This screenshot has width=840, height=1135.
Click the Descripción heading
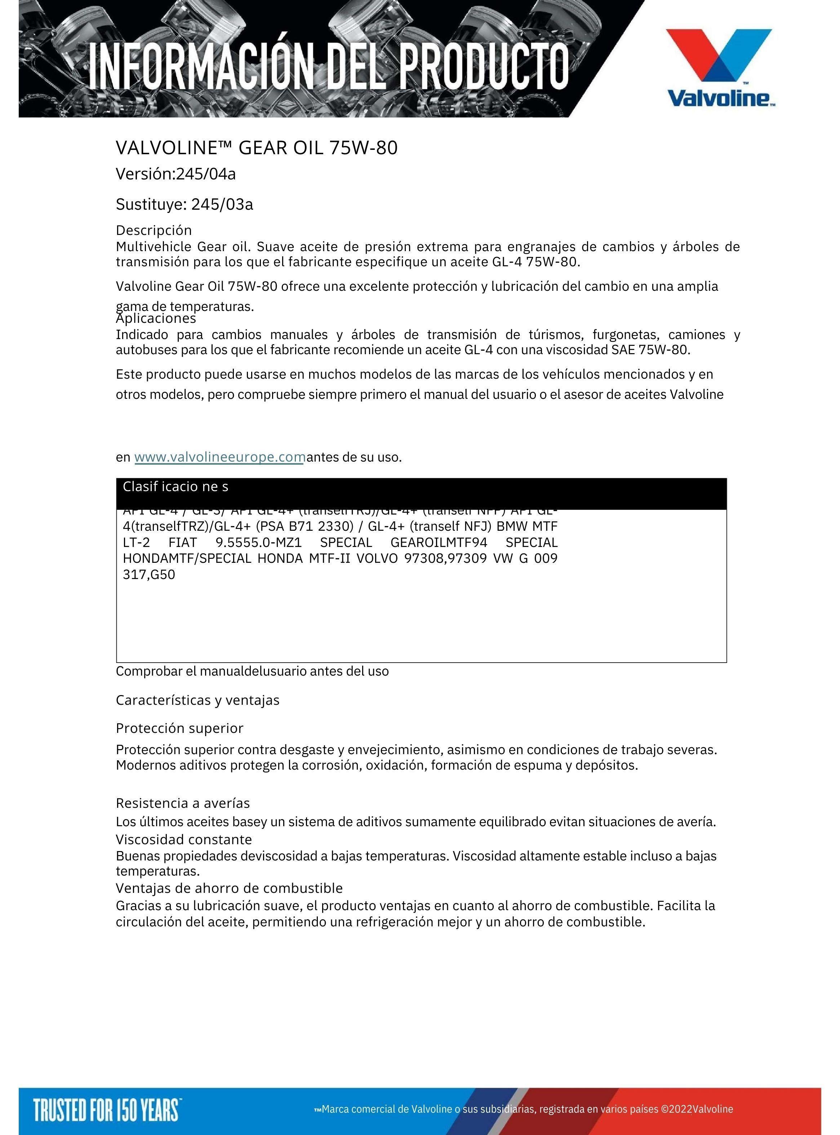pos(154,230)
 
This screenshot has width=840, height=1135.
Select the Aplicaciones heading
pos(156,319)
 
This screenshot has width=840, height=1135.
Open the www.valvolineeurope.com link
pos(219,457)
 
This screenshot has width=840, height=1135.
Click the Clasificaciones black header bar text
pos(175,487)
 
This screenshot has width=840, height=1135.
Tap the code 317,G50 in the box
pos(149,575)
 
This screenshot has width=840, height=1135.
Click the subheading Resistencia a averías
pos(183,803)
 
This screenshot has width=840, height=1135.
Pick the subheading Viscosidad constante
pos(183,839)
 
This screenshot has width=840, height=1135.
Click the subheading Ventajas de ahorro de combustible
pos(229,888)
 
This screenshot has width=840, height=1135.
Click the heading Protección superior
pos(179,728)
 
